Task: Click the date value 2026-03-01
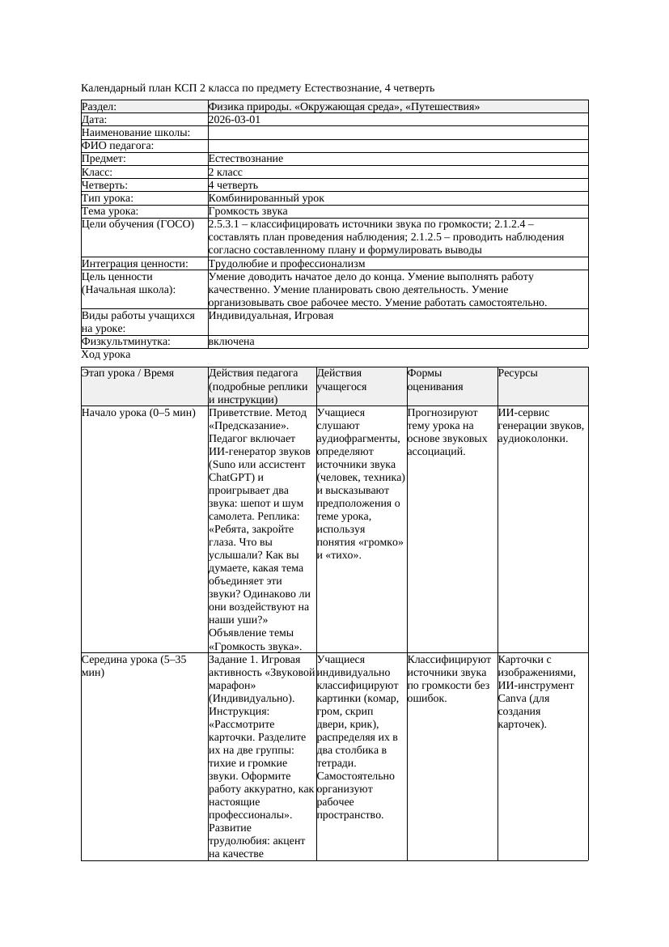[235, 120]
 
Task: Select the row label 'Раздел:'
[100, 107]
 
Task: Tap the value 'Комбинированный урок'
[266, 198]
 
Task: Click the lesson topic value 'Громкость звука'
[248, 211]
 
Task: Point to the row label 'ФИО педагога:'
[118, 146]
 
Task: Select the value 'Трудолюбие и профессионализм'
[286, 264]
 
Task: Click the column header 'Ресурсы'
[519, 373]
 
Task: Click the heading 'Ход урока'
[106, 355]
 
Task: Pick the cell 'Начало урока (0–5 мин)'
[138, 413]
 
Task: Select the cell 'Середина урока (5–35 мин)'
[134, 665]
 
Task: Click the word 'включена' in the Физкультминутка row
[231, 342]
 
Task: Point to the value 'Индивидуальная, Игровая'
[271, 316]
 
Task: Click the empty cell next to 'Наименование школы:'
[397, 133]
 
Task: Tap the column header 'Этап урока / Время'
[128, 373]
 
